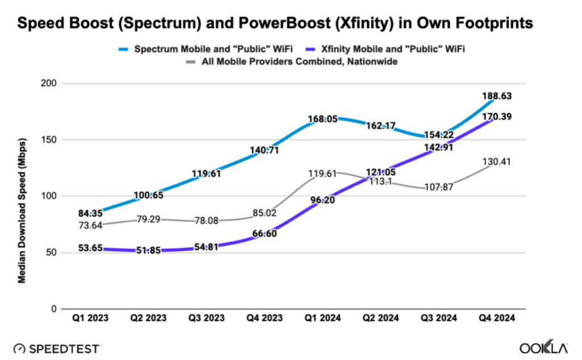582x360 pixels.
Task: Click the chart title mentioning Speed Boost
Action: click(x=275, y=23)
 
